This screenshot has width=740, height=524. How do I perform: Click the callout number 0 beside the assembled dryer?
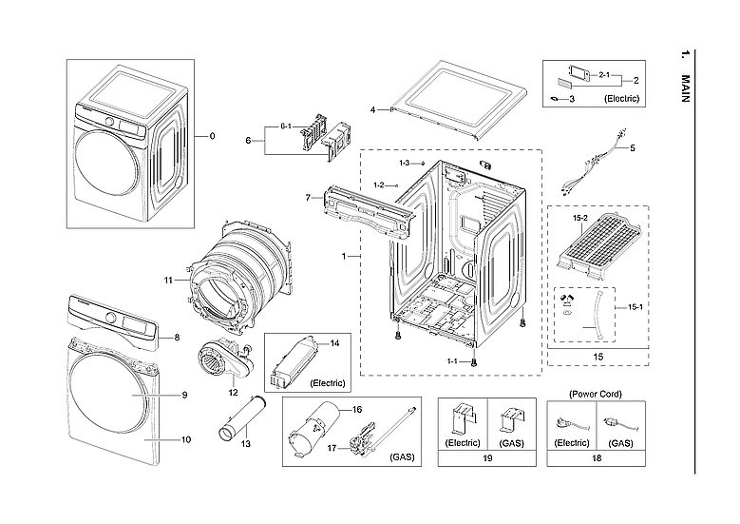(212, 136)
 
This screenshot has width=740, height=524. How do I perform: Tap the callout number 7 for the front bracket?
(308, 198)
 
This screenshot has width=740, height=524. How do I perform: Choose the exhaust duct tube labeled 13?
(241, 418)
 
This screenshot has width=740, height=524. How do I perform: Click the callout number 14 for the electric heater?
(334, 341)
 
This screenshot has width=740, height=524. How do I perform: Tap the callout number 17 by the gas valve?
(332, 447)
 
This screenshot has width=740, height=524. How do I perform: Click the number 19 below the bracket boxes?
(486, 457)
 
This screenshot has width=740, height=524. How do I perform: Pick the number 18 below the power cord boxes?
(597, 457)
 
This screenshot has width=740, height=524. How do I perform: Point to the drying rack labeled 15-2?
(601, 249)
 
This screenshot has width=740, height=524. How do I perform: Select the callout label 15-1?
(633, 306)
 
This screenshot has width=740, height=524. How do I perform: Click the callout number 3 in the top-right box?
(572, 98)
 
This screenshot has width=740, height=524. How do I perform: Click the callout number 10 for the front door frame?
(186, 439)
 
